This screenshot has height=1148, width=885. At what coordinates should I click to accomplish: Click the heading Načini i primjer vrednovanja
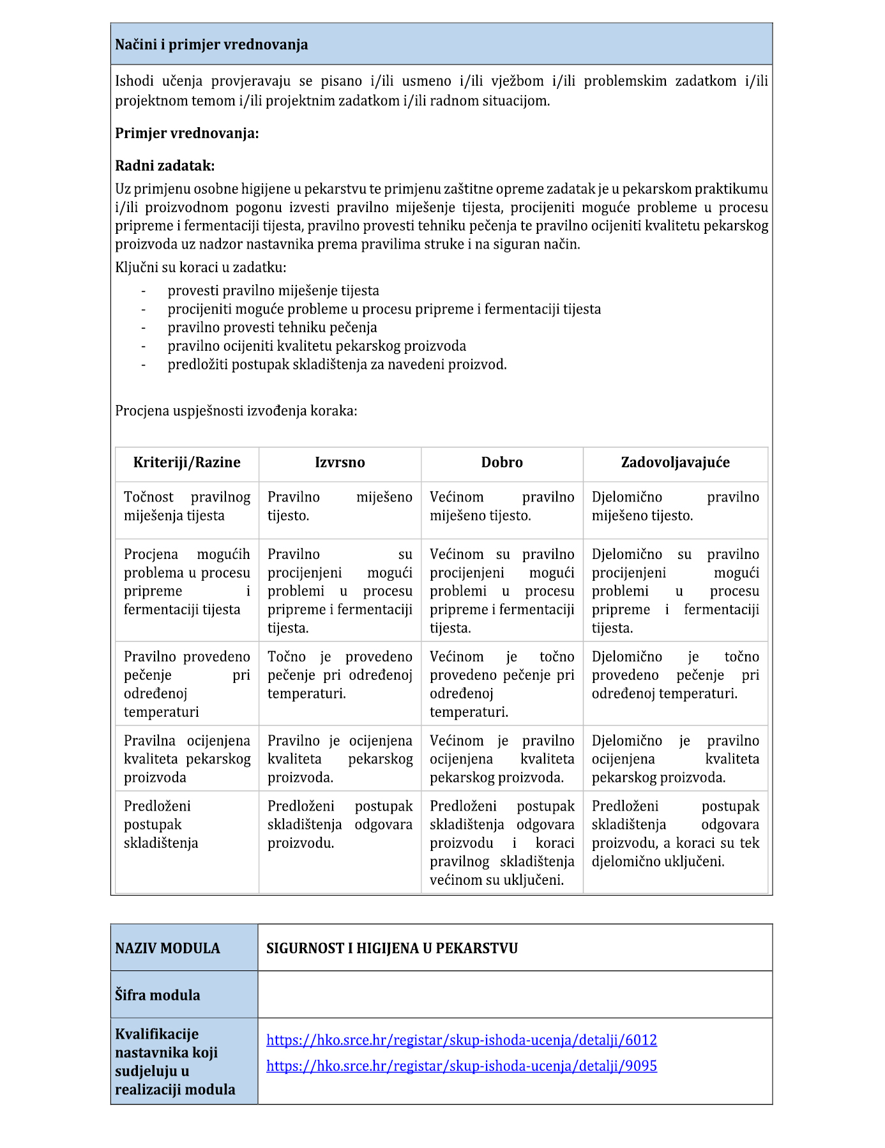tap(211, 45)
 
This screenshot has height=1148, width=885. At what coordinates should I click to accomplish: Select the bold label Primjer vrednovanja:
tap(187, 134)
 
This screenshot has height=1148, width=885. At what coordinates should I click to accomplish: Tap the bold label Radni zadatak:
tap(165, 166)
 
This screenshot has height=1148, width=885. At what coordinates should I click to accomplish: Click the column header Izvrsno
tap(340, 463)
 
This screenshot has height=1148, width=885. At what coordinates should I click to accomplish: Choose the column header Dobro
tap(502, 463)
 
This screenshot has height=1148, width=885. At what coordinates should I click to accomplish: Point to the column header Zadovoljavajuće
tap(675, 463)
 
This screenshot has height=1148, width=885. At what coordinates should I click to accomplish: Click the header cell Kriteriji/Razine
tap(187, 463)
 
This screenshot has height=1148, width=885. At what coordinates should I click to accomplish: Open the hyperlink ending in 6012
tap(461, 1040)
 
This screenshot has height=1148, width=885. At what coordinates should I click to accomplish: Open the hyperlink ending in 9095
tap(461, 1066)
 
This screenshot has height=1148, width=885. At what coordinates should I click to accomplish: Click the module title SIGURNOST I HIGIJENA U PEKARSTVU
tap(391, 948)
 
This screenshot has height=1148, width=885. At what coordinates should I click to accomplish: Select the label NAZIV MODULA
tap(167, 948)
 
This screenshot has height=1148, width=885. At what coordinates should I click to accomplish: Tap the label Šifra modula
tap(158, 995)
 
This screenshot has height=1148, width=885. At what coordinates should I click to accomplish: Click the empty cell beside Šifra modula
tap(515, 995)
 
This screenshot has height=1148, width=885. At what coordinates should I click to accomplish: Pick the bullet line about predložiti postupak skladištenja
tap(337, 365)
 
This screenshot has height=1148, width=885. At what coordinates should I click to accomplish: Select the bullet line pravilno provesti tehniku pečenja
tap(272, 328)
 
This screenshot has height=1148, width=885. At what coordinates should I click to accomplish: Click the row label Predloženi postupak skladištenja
tap(161, 825)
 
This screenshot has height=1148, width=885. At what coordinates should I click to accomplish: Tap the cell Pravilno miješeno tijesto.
tap(340, 507)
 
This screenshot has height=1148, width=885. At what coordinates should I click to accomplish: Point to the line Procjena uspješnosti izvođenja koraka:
tap(236, 411)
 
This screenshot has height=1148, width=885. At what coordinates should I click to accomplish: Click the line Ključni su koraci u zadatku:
tap(200, 268)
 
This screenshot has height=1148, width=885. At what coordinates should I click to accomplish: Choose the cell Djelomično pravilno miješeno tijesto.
tap(675, 507)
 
